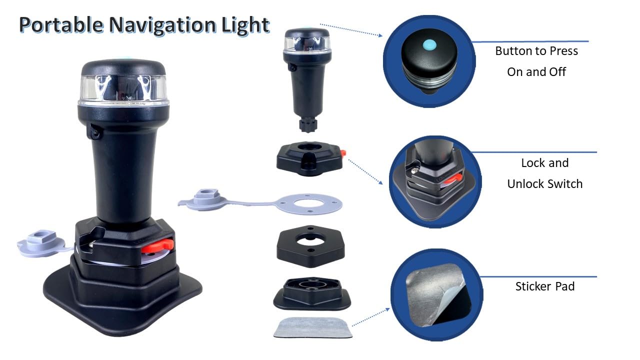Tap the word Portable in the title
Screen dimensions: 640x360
click(x=61, y=25)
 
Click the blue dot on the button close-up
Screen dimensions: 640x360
click(x=429, y=45)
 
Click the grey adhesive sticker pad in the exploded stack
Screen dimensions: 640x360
click(x=313, y=328)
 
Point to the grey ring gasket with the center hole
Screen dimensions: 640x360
click(x=309, y=204)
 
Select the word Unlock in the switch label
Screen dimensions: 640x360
click(x=525, y=184)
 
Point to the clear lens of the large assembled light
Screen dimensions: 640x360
click(x=123, y=89)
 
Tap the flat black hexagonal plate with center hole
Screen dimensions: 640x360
click(x=311, y=246)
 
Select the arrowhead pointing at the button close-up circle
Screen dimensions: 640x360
click(x=380, y=35)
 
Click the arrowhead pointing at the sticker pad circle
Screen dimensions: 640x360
click(x=387, y=309)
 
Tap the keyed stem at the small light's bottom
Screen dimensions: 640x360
click(x=308, y=124)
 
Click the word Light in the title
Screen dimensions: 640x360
click(x=245, y=25)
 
